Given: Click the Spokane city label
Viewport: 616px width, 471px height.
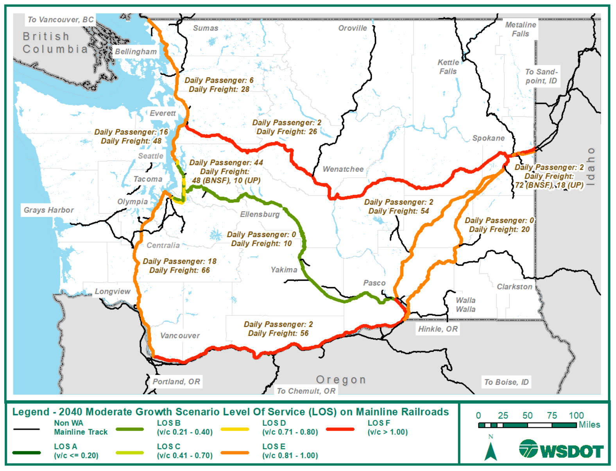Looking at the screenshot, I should pos(488,138).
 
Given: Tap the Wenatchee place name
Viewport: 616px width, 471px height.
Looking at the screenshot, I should pos(343,169).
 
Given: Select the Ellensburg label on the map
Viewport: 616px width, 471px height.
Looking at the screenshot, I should pos(260,214).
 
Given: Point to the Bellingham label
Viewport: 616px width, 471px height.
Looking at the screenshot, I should pos(136,52).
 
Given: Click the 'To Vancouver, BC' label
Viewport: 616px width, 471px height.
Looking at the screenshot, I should pos(61,20).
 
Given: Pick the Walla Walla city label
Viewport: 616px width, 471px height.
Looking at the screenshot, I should pos(466,305).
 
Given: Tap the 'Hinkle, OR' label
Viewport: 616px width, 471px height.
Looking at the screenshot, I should pos(438,329).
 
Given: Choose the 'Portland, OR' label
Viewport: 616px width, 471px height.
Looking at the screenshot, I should pos(176,382).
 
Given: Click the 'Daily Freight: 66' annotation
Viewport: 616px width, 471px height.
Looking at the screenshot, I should pos(179,270).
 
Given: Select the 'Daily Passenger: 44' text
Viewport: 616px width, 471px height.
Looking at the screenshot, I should pos(226,162).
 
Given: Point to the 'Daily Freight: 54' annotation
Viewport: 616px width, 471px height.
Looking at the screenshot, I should pos(399,211).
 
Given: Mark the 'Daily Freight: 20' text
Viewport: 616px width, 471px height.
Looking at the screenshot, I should pos(499,229).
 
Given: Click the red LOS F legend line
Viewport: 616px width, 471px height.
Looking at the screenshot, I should pos(340,429).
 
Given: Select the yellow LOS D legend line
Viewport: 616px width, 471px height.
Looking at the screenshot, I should pos(235,429).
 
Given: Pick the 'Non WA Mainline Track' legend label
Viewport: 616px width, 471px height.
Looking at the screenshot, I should pos(81,427).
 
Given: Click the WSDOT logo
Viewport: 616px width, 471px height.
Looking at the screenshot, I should pos(561,449).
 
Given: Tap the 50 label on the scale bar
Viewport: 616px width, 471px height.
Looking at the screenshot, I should pos(527,416).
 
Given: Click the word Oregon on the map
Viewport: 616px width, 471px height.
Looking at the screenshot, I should pos(341,380).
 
